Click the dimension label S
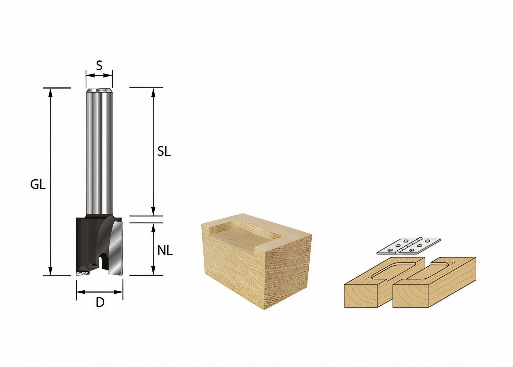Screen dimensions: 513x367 click(99, 66)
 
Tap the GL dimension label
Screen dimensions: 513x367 click(38, 184)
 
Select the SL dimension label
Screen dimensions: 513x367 click(164, 152)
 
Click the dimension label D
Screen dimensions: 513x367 click(100, 303)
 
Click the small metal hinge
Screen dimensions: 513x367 click(408, 246)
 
